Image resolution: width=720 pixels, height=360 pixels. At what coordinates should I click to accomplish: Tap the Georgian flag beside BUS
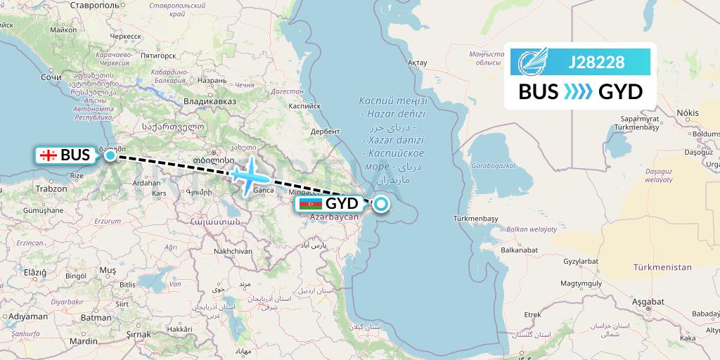[49, 155]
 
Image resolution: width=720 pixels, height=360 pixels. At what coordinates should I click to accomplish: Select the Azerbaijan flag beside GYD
[310, 204]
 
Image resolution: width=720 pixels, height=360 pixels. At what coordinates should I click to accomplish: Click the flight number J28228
[596, 63]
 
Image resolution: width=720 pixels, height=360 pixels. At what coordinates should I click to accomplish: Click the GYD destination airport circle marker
[380, 204]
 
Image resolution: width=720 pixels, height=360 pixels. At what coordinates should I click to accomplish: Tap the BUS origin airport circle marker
[110, 155]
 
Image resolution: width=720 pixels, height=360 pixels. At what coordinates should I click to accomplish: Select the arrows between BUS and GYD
[579, 91]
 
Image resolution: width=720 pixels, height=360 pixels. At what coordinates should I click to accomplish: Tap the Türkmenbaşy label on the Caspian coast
[476, 219]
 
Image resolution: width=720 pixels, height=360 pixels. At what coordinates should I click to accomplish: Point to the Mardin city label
[84, 341]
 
